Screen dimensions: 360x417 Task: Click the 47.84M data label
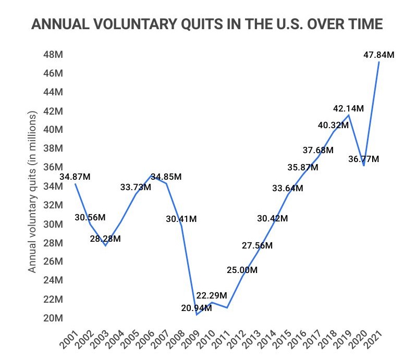pyautogui.click(x=379, y=54)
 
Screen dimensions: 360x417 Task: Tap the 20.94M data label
pyautogui.click(x=197, y=308)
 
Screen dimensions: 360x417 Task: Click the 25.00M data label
pyautogui.click(x=242, y=270)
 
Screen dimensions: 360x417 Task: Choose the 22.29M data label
pyautogui.click(x=212, y=295)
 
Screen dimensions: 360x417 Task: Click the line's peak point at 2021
pyautogui.click(x=379, y=62)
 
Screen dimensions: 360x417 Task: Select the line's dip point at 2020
pyautogui.click(x=364, y=165)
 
